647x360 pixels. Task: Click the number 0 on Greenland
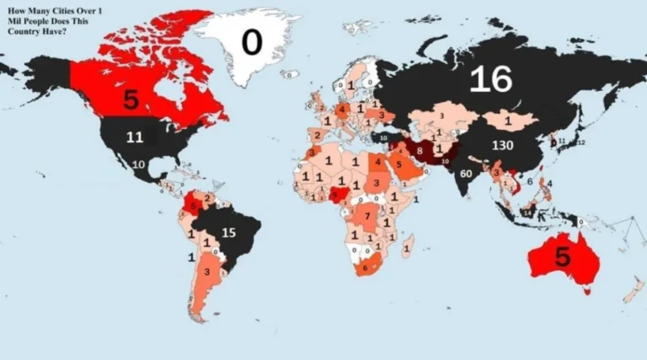coord(252,41)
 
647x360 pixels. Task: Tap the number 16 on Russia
coord(490,79)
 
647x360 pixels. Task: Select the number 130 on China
coord(503,145)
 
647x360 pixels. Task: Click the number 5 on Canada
coord(131,99)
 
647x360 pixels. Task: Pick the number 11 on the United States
coord(136,137)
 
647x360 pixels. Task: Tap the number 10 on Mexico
coord(137,164)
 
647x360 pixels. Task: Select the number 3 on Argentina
coord(206,272)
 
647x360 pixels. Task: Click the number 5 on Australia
coord(563,258)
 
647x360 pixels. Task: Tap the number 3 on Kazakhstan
coord(441,116)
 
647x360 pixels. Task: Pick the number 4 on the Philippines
coord(550,183)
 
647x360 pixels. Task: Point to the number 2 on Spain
coord(318,134)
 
